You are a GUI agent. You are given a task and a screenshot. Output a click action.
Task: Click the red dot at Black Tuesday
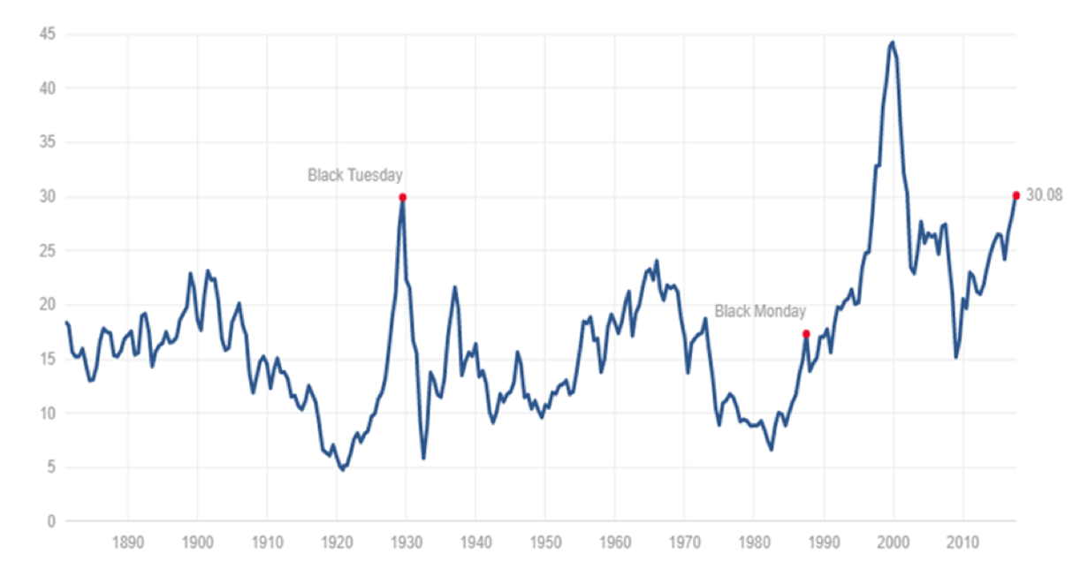point(402,197)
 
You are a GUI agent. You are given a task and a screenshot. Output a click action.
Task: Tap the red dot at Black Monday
point(806,333)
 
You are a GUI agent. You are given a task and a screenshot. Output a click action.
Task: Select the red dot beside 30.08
point(1015,195)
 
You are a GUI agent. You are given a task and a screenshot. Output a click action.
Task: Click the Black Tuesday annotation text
point(354,175)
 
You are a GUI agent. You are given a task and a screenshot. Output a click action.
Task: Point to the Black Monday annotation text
point(760,311)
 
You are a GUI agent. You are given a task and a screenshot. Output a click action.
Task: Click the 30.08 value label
point(1044,195)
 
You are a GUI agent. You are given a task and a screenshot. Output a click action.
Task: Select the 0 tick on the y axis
point(50,521)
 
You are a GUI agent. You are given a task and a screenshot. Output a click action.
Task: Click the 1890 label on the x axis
point(128,541)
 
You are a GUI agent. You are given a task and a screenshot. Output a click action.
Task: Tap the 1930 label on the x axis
point(407,541)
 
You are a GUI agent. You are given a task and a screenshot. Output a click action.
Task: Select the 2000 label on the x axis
point(894,541)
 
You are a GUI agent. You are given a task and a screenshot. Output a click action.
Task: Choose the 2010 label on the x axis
point(963,541)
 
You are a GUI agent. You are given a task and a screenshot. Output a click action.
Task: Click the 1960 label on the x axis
point(615,541)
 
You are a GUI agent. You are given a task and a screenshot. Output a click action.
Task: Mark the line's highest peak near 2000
point(893,42)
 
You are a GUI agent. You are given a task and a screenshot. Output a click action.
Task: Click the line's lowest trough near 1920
point(342,469)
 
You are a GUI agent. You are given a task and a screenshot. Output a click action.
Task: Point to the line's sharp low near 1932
point(423,458)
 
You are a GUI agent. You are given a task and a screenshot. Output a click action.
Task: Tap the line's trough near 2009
point(955,357)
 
